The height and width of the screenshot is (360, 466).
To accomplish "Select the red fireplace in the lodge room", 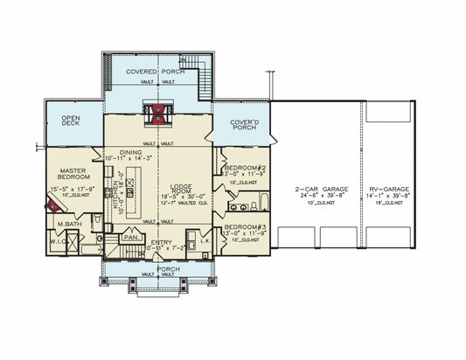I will click(158, 114).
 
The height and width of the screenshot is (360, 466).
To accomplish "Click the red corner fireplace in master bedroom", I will click(52, 206).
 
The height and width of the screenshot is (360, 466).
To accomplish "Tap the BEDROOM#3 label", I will click(238, 227).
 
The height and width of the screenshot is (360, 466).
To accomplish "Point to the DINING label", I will click(131, 152).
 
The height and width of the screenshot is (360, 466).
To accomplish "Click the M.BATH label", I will click(69, 225).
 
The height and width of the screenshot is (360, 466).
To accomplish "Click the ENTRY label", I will click(161, 242).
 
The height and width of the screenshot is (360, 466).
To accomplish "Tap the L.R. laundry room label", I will click(204, 241).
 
